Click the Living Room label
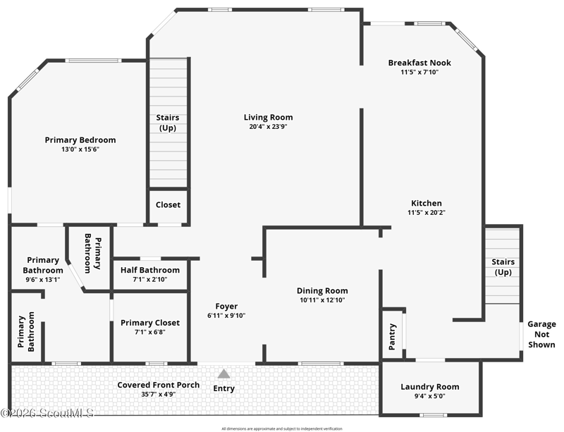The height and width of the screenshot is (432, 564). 269,117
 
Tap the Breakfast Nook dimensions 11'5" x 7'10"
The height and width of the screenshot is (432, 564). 419,72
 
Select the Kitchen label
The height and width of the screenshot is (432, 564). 427,203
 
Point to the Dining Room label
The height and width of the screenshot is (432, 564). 322,290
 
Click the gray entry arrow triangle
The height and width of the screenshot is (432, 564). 223,374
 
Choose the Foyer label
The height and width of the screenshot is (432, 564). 226,306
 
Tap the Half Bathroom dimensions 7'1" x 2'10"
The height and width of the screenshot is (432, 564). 150,280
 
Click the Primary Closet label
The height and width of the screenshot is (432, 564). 150,323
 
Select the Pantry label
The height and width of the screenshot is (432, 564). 392,337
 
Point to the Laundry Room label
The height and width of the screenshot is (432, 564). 430,387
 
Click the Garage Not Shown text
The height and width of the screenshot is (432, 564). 541,334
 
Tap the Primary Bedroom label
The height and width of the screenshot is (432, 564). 80,140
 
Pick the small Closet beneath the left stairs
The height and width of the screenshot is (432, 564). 168,204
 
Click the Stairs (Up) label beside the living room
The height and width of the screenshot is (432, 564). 168,123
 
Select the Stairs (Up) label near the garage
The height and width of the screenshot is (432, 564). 503,267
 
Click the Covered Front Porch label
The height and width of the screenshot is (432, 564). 158,385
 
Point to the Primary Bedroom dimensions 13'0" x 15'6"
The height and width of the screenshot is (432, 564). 80,149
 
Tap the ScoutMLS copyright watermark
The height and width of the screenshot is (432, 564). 47,413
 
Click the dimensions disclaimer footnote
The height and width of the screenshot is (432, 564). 282,428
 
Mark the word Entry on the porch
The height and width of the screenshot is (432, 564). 223,388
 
